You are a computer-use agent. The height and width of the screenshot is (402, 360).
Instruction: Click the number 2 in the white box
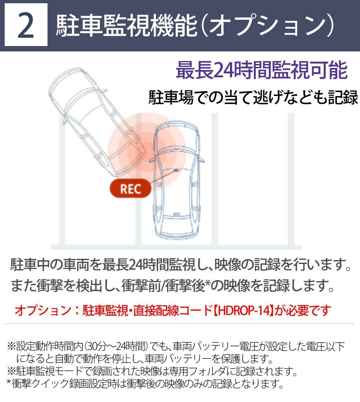pos(26,26)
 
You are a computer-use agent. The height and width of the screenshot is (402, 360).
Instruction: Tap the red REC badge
pos(130,189)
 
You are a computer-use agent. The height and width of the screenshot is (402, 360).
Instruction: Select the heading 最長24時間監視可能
pos(261,70)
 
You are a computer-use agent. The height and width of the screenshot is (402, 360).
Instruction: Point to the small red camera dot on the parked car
pos(176,170)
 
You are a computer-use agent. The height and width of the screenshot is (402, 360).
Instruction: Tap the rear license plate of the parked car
pos(176,214)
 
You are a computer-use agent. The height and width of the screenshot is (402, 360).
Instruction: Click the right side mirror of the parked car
pos(202,160)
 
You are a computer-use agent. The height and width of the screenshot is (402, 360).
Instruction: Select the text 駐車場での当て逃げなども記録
pos(253,98)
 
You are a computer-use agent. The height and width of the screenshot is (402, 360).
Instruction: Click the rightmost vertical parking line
pos(291,179)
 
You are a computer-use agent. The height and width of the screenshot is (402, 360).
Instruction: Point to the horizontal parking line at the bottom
pos(176,247)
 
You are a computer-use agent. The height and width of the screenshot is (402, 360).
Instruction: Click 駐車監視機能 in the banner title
pos(126,26)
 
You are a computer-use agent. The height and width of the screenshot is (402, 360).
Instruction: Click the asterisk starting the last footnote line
pos(9,382)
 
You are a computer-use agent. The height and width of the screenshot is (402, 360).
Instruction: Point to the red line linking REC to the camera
pos(162,177)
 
